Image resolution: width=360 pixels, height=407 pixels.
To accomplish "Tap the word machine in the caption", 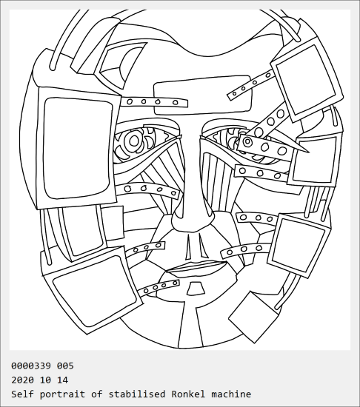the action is tap(231, 394).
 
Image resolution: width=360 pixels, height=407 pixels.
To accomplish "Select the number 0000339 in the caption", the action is tap(31, 366).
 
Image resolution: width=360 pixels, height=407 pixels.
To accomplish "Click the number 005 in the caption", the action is tap(65, 366).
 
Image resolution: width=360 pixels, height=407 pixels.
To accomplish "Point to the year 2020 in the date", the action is tap(22, 380).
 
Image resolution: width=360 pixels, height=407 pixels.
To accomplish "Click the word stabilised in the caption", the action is tap(137, 394).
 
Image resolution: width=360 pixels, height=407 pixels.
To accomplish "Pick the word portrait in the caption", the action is tap(62, 394).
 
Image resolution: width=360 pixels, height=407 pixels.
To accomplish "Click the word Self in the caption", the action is tap(22, 394).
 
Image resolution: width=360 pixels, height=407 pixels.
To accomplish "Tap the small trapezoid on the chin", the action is tap(196, 289).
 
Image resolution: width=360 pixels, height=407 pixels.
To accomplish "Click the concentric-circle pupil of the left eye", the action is tap(134, 141).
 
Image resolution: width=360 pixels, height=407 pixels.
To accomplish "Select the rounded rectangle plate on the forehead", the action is tap(203, 95).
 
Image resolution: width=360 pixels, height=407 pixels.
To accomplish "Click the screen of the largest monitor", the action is tap(77, 148).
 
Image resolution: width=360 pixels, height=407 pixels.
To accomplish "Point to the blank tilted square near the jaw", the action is tap(253, 317).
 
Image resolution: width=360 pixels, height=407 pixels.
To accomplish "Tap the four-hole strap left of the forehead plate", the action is tap(154, 102).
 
